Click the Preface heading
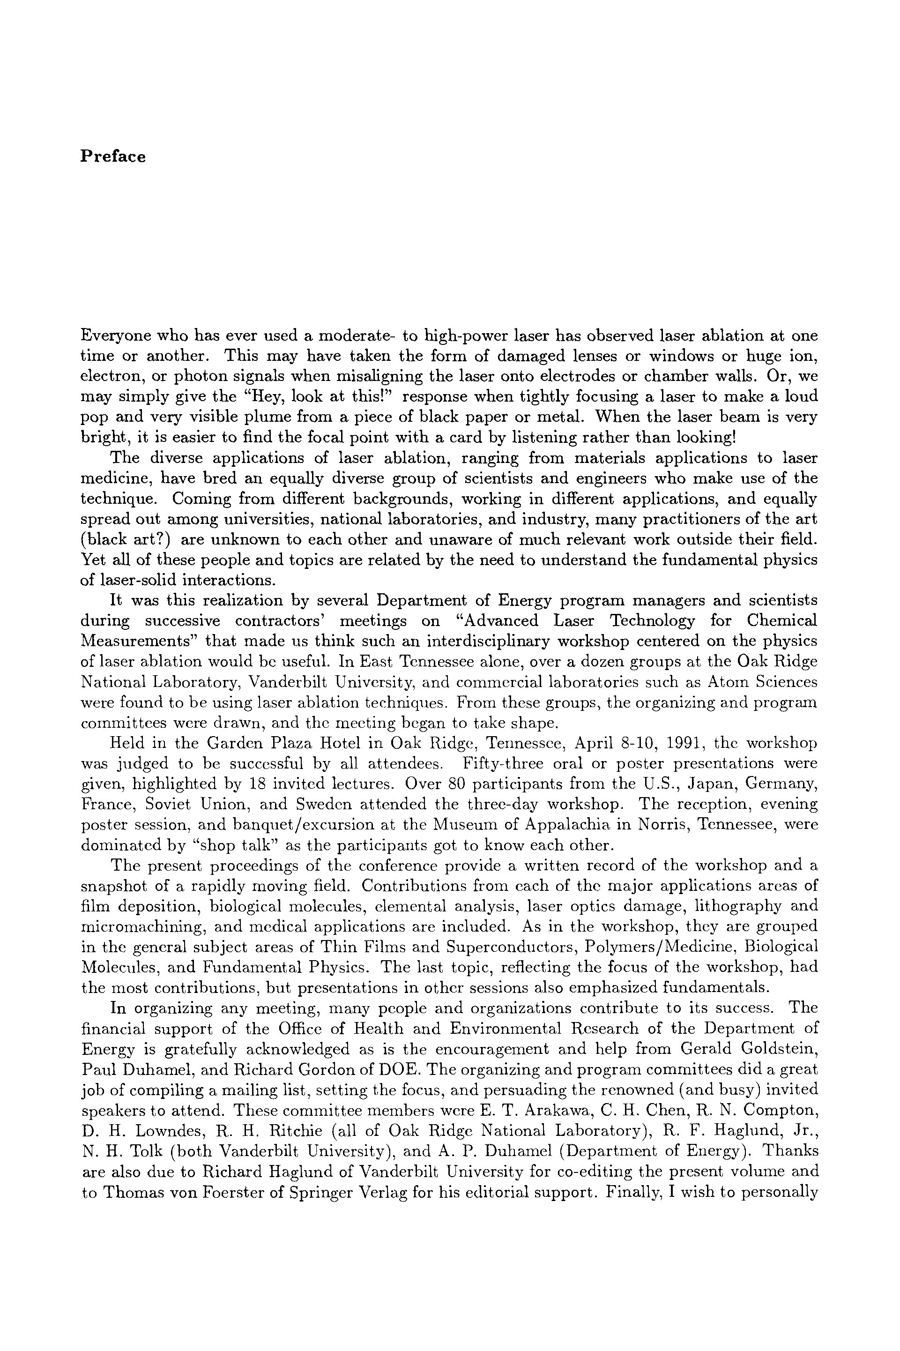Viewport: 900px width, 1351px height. [x=112, y=157]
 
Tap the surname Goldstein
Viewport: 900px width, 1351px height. [x=781, y=1049]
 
